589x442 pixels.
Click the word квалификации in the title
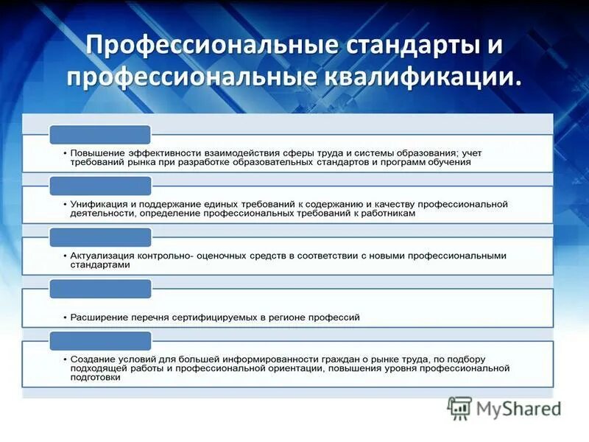coord(415,76)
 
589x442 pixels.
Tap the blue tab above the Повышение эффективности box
coord(100,134)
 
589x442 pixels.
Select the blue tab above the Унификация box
coord(100,186)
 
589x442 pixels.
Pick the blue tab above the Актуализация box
coord(100,237)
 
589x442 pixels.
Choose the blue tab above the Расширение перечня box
coord(100,289)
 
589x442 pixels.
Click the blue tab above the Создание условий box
coord(100,340)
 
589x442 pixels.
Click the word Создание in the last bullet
coord(93,359)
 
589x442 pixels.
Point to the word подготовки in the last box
coord(96,377)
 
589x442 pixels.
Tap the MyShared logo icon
coord(459,408)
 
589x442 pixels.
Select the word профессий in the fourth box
coord(337,318)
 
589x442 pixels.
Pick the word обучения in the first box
coord(448,162)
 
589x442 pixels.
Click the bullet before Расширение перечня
coord(65,318)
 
